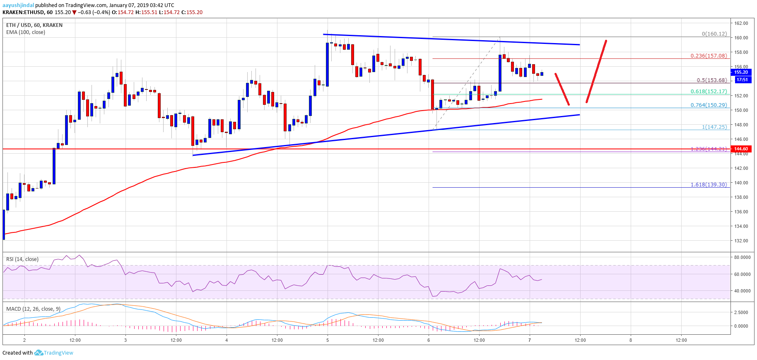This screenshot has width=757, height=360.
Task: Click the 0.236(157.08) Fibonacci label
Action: click(709, 56)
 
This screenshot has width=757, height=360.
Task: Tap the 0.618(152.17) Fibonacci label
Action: click(709, 92)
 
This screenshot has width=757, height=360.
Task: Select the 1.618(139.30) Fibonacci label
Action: click(709, 184)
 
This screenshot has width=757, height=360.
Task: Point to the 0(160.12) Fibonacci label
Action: click(714, 34)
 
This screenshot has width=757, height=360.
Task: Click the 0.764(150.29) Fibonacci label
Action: click(709, 105)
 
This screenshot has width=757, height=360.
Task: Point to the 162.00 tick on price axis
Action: click(741, 23)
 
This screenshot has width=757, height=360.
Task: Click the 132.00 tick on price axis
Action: click(741, 241)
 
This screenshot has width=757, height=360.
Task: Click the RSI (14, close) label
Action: click(22, 259)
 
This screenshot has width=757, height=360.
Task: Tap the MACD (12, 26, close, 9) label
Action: click(33, 309)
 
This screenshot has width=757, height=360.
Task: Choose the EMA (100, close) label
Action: click(26, 32)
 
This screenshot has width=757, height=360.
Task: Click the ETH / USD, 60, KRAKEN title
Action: click(34, 25)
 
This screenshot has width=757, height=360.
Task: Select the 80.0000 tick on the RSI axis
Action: click(742, 257)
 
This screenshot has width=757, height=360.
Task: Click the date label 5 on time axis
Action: click(328, 340)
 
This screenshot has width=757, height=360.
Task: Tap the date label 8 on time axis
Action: click(631, 340)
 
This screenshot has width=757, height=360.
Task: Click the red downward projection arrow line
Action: click(562, 89)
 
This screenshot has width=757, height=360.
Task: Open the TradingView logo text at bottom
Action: click(58, 353)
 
